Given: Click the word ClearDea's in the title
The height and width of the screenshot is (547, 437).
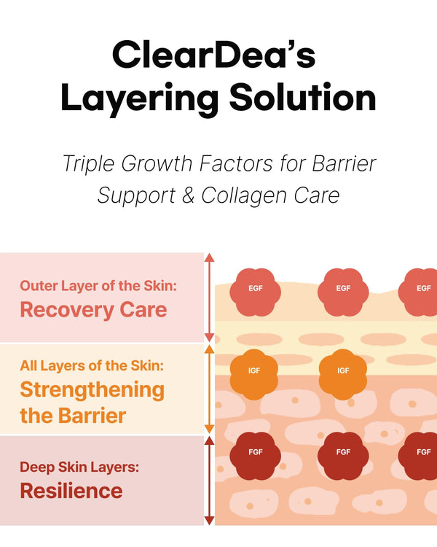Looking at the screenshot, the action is pos(213,55).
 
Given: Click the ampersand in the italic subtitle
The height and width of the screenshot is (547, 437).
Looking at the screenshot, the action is pos(188,195).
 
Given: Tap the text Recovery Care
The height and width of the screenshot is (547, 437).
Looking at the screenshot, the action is pos(93,310).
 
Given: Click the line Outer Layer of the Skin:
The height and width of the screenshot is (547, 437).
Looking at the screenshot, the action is pos(98,286).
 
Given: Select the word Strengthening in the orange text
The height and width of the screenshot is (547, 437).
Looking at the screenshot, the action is pos(92,390).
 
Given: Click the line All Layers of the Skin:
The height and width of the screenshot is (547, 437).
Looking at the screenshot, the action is pos(92,365).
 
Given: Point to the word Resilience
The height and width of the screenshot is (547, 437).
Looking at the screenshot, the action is pos(71,491).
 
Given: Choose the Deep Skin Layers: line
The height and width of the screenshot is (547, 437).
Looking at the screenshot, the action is pos(79,467).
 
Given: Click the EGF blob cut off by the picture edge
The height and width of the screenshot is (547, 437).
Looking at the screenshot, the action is pos(418,292).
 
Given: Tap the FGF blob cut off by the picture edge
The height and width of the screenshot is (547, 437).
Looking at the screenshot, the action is pos(418,456).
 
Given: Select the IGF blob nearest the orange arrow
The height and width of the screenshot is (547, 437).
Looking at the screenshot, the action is pos(254,374).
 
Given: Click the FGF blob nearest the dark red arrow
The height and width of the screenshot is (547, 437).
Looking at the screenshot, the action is pos(255,456).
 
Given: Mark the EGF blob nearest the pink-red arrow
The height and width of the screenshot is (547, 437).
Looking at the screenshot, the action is pos(255,292).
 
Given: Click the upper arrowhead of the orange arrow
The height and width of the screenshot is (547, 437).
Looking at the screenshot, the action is pos(209,349).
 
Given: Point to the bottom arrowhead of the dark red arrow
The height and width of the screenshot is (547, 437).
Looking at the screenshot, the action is pos(209,520).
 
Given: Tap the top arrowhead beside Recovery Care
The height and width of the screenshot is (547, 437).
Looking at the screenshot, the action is pos(209,257).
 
